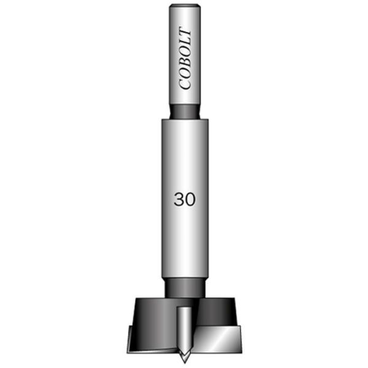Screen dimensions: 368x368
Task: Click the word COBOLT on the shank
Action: (185, 58)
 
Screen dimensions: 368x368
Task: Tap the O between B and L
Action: (185, 53)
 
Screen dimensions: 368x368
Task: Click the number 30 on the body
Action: (185, 200)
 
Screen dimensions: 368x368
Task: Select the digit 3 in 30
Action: (179, 200)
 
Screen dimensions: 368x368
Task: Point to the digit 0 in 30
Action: (190, 200)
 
